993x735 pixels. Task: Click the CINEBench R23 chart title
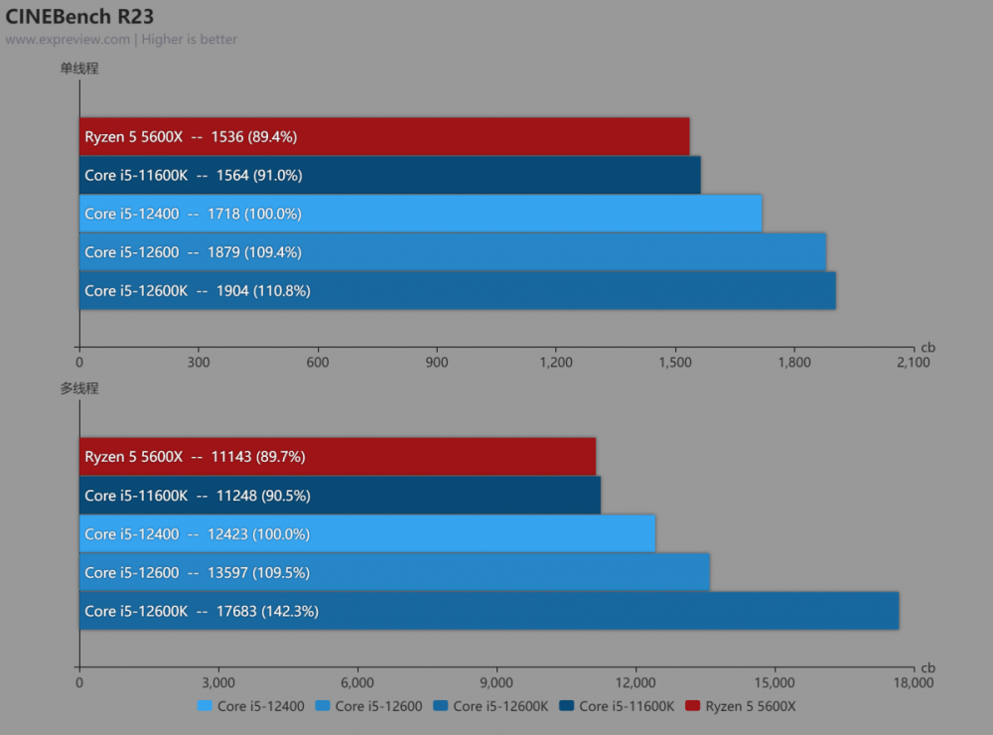pos(79,17)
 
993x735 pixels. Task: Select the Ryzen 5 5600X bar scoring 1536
pos(384,136)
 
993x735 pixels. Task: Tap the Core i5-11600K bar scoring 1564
pos(389,175)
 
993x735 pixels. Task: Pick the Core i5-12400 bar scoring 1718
pos(420,214)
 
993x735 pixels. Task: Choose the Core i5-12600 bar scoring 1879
pos(452,252)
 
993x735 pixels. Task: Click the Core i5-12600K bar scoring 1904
pos(457,291)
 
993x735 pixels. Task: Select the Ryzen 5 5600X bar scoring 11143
pos(338,457)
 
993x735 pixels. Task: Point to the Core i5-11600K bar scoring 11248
pos(340,495)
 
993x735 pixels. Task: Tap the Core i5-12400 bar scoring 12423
pos(367,533)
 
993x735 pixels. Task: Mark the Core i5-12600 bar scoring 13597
pos(394,572)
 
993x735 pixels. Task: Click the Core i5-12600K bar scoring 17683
pos(489,611)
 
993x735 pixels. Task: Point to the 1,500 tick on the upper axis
pos(675,363)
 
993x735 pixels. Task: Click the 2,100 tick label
pos(913,363)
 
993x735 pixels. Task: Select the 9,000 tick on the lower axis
pos(496,682)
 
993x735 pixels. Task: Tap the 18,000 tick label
pos(913,682)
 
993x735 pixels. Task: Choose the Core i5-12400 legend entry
pos(251,706)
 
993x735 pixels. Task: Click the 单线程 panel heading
pos(79,69)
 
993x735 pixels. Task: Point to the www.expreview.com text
pos(68,40)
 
